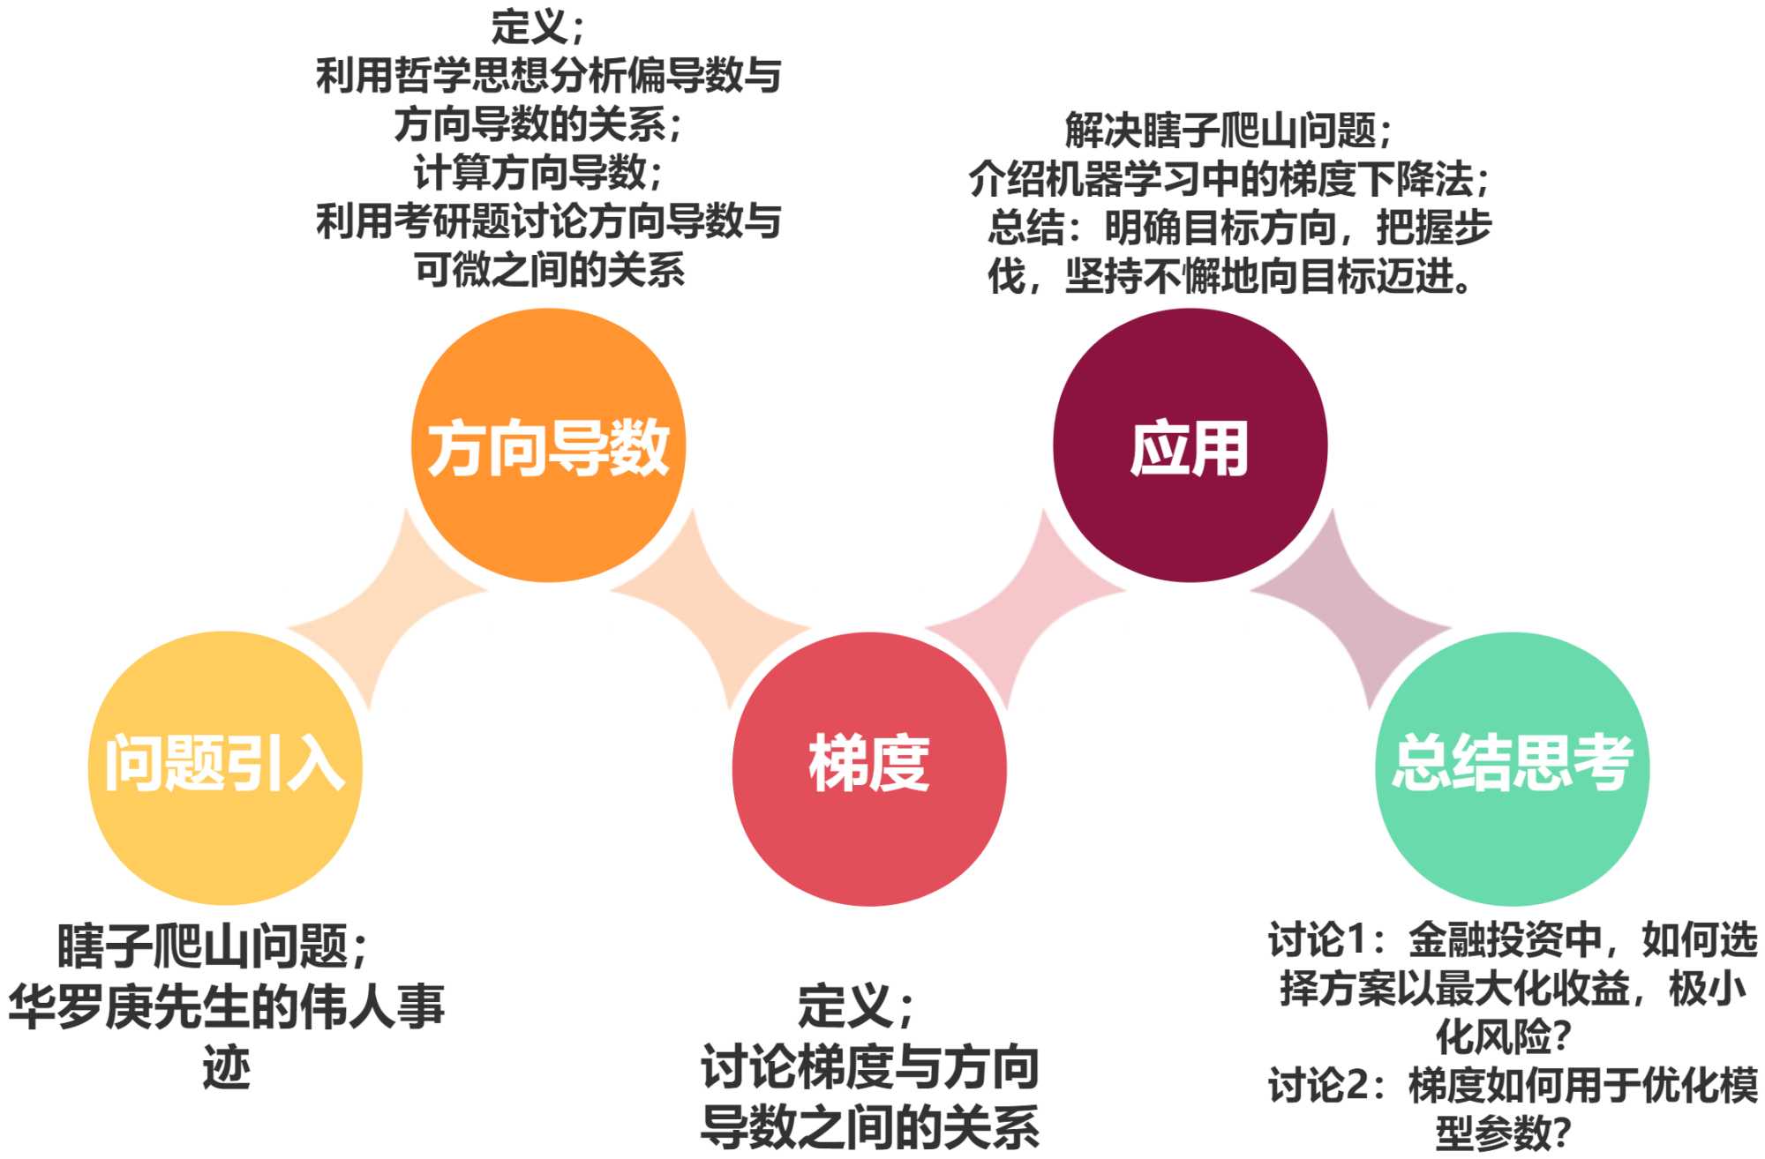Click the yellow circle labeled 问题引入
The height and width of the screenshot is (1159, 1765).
(x=225, y=767)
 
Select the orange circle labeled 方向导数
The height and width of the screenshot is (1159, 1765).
(x=548, y=445)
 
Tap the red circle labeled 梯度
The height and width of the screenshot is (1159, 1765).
(x=869, y=767)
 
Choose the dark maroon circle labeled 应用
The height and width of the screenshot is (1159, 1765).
(x=1190, y=445)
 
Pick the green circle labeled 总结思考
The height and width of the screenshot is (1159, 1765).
(x=1513, y=767)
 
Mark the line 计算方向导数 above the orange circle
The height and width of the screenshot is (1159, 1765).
(x=537, y=173)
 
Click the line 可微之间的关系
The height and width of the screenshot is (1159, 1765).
(x=549, y=270)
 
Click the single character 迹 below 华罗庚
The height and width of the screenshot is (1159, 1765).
(x=226, y=1069)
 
